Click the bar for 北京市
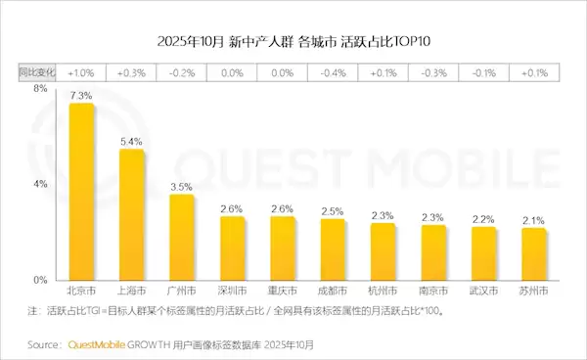(x=81, y=192)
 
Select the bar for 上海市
(x=131, y=215)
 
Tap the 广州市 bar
(x=182, y=237)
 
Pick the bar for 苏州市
(x=534, y=254)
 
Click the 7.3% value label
(x=81, y=96)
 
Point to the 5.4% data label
(x=131, y=142)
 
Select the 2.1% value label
(x=534, y=221)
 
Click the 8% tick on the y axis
(x=40, y=89)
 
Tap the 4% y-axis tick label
(x=40, y=184)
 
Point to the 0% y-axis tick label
(x=40, y=280)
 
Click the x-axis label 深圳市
(x=232, y=292)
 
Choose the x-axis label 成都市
(x=333, y=292)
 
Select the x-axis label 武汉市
(x=483, y=292)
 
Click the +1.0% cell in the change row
(x=81, y=72)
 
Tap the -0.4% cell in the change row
(x=333, y=72)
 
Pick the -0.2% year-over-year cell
(x=182, y=72)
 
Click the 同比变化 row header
(x=36, y=72)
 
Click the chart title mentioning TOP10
(x=293, y=42)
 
